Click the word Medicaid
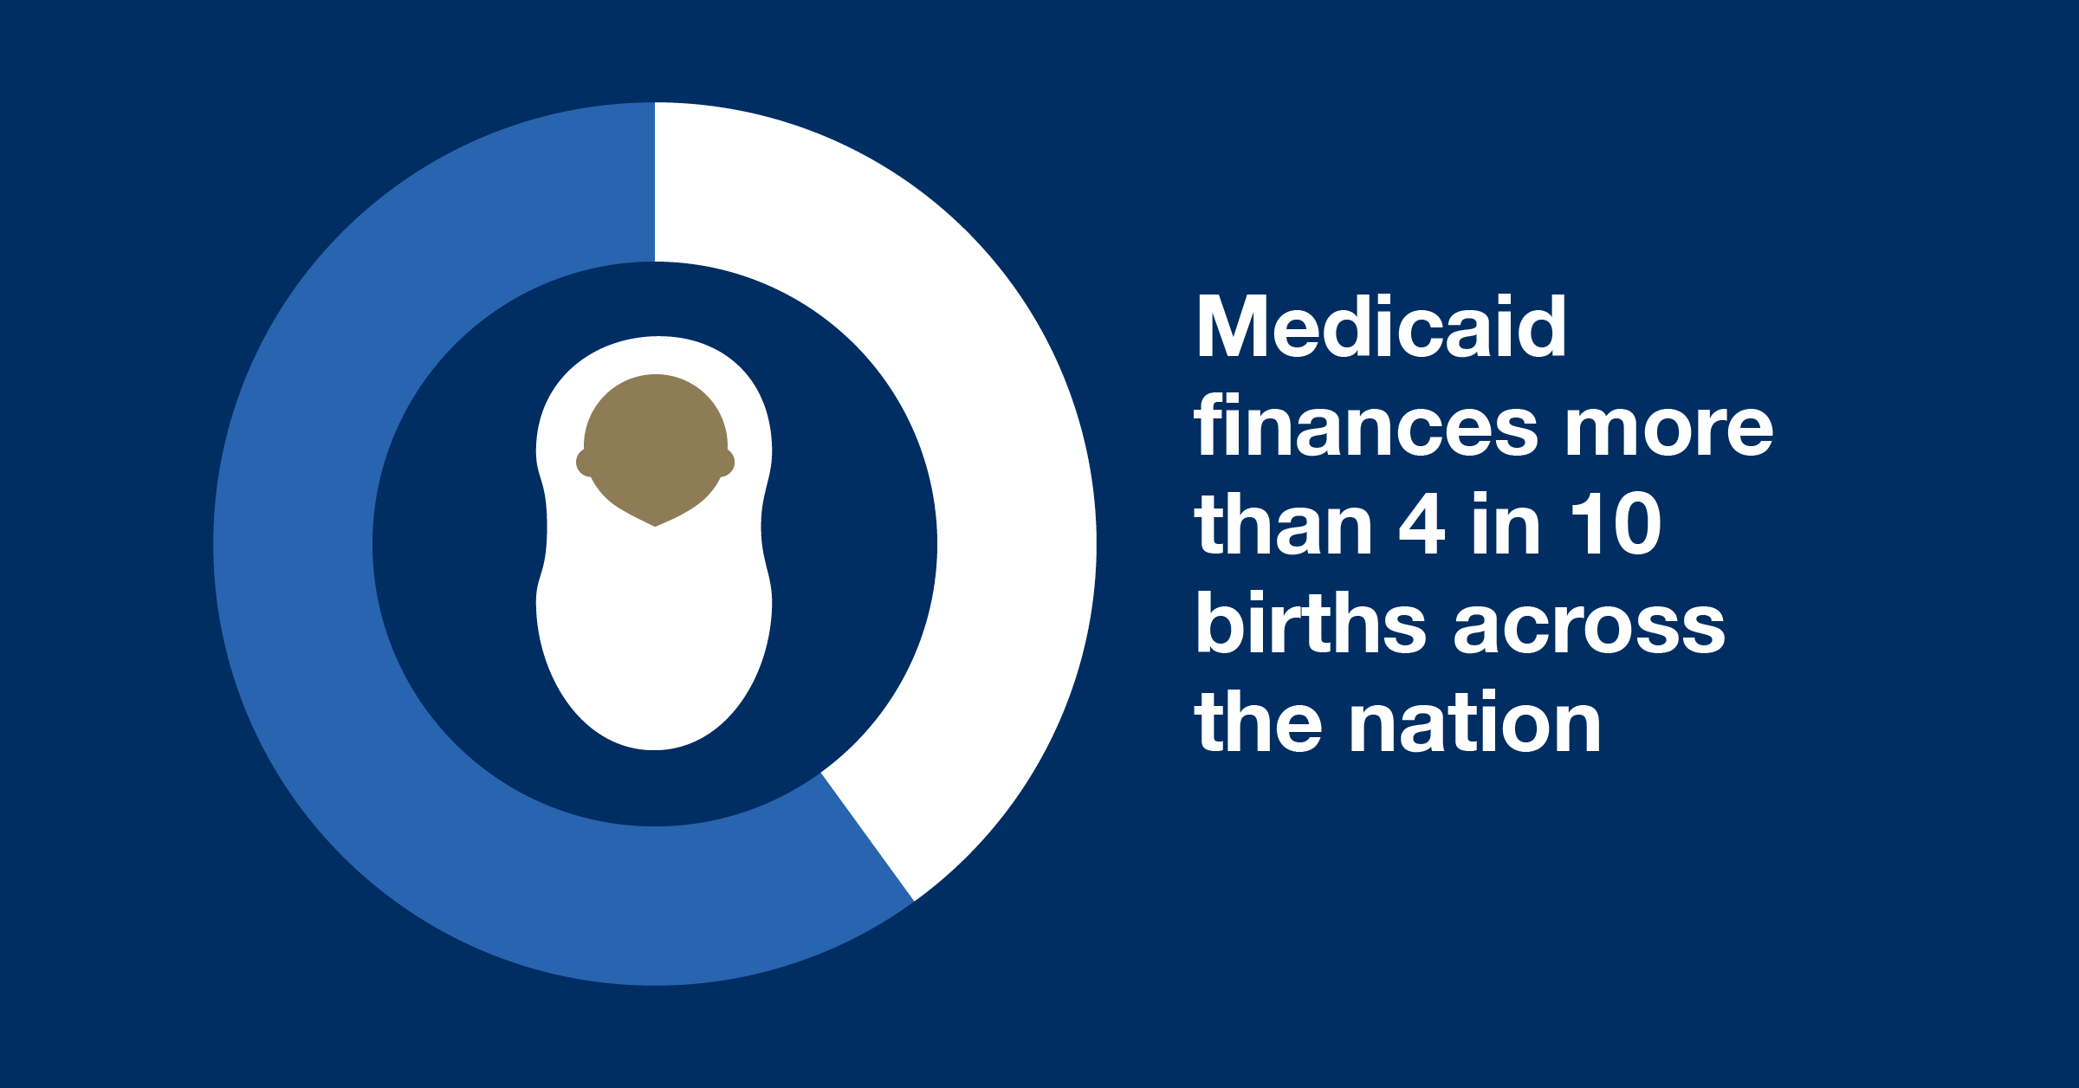pyautogui.click(x=1381, y=326)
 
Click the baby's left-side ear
pyautogui.click(x=584, y=463)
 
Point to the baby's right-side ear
pyautogui.click(x=726, y=463)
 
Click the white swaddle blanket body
pyautogui.click(x=655, y=641)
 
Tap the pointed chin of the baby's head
pyautogui.click(x=655, y=525)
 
